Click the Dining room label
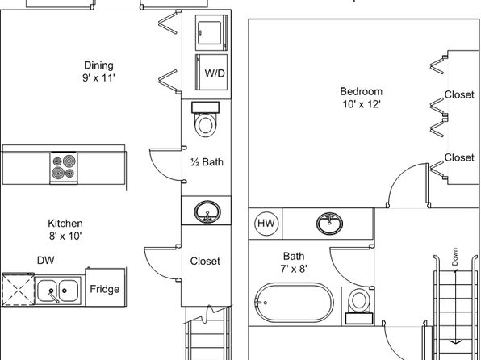98,72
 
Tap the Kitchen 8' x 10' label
65,229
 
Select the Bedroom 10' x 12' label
362,98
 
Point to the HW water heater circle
266,223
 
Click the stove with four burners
64,168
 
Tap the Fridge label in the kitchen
105,289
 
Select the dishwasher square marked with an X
18,290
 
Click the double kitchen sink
57,291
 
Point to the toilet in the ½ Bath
205,119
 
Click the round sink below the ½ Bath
207,211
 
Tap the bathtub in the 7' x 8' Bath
294,303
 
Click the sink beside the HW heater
330,223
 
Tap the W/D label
215,73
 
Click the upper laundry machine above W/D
211,32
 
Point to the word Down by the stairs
454,257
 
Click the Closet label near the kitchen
205,262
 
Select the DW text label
46,260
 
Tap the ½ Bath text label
207,161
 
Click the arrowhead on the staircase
457,341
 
